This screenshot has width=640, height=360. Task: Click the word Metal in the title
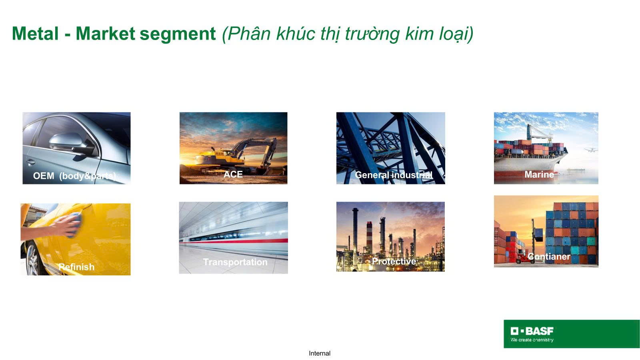(x=35, y=34)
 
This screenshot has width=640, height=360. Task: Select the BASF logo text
(x=539, y=331)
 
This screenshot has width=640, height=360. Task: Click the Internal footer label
(x=319, y=353)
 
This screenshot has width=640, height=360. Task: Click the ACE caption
(x=233, y=174)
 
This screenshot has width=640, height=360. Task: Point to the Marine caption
(x=539, y=174)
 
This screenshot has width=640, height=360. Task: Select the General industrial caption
(x=394, y=175)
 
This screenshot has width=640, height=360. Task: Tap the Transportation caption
(x=235, y=262)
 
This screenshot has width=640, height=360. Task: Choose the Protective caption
(x=394, y=261)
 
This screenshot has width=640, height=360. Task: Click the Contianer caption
(x=549, y=256)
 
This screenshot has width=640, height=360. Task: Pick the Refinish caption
(x=76, y=267)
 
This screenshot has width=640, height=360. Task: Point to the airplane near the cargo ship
(x=590, y=150)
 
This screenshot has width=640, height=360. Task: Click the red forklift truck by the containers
(x=524, y=258)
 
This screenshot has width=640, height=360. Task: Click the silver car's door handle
(x=30, y=162)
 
